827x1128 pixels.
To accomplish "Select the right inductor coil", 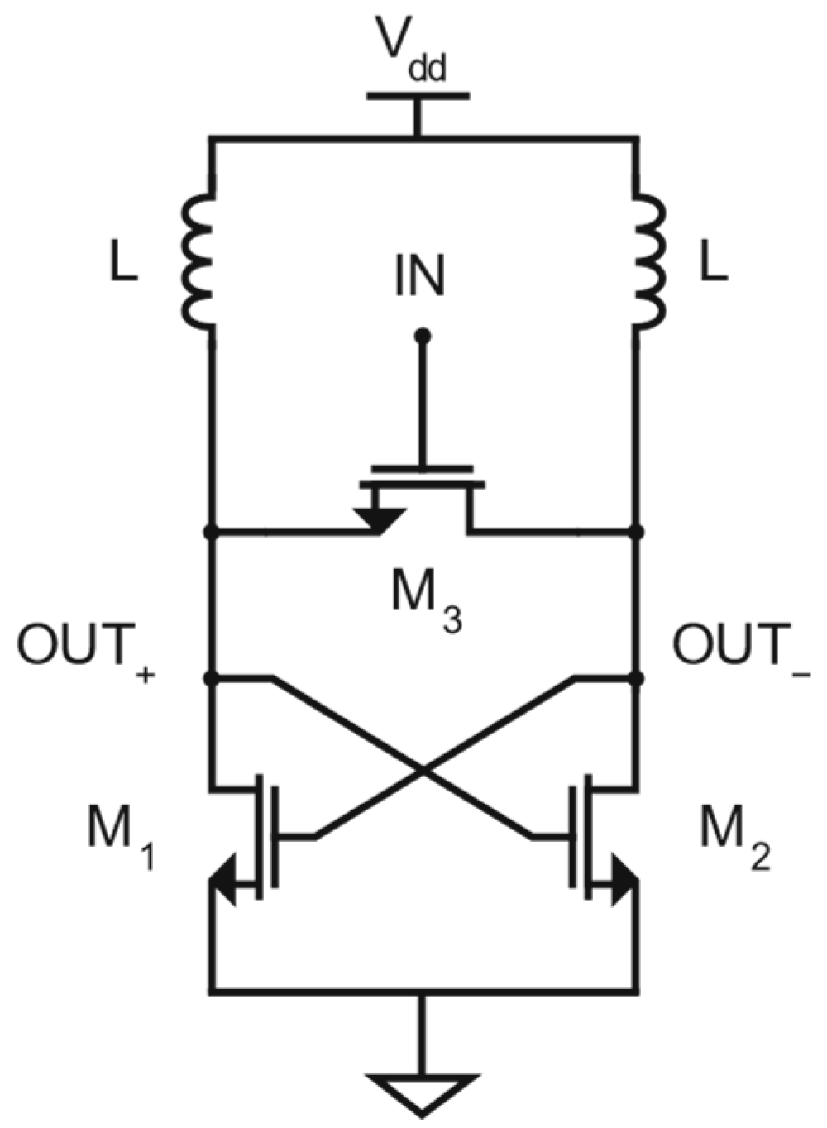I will (649, 260).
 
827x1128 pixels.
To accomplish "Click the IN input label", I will (418, 277).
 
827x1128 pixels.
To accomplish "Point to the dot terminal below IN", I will (423, 337).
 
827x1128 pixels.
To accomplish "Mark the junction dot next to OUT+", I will (212, 679).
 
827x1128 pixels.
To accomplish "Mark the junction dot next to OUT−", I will (637, 679).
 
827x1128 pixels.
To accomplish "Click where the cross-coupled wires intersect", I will (423, 772).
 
